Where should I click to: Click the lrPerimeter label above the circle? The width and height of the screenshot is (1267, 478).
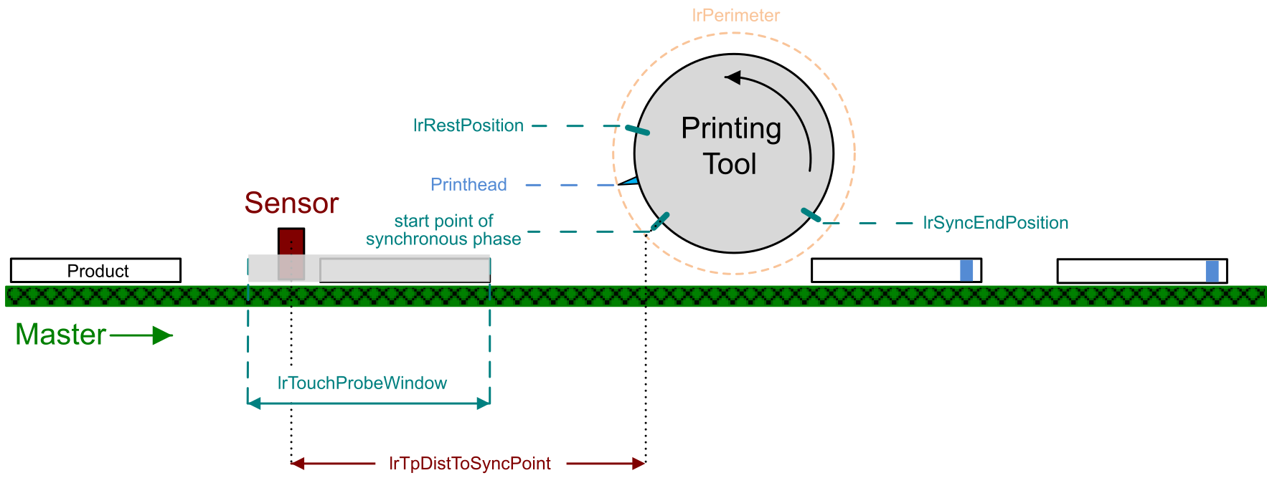(735, 15)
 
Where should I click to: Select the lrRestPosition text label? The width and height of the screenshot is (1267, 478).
(468, 125)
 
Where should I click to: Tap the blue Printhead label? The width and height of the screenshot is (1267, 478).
(468, 185)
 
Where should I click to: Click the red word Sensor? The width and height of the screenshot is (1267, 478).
(291, 204)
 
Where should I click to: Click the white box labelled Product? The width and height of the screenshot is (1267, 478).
(96, 271)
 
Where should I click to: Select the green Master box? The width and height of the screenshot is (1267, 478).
(61, 335)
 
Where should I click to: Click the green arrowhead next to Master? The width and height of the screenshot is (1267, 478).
(163, 335)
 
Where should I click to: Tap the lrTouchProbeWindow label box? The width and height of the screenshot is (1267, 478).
(362, 383)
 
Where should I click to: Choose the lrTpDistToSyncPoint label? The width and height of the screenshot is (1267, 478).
(470, 464)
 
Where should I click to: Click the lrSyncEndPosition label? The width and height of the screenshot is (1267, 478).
(995, 223)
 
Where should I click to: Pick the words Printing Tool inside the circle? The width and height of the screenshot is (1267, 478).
(731, 146)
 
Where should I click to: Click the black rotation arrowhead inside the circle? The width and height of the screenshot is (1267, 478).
(733, 77)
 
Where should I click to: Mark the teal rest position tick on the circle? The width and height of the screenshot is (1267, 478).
(637, 130)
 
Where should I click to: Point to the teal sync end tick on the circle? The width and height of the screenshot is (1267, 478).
(811, 214)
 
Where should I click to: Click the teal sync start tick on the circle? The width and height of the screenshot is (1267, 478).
(660, 221)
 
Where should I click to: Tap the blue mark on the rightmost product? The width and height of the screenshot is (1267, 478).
(1212, 271)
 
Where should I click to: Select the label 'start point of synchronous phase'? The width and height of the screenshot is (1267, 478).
(443, 230)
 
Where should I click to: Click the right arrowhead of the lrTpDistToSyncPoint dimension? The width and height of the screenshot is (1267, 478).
(639, 464)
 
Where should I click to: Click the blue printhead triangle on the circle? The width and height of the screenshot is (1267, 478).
(631, 181)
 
